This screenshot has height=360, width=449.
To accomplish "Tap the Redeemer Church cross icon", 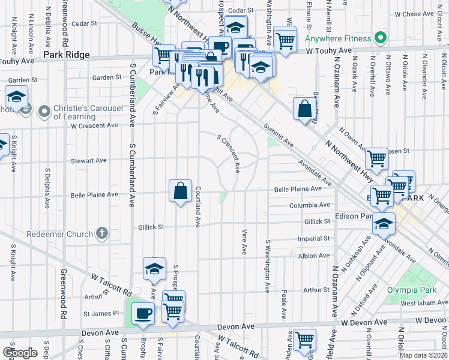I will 102,233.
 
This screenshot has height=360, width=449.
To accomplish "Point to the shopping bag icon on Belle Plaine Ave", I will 180,191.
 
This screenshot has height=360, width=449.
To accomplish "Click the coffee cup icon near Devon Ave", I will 143,314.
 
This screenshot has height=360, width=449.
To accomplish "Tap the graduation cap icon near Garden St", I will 16,98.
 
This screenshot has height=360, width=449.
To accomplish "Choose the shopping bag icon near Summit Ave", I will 305,109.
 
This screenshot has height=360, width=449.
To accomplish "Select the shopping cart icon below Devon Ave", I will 305,340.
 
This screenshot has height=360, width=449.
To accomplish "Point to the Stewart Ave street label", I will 88,161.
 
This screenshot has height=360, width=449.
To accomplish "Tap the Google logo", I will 19,352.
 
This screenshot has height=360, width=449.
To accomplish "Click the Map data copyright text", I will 423,355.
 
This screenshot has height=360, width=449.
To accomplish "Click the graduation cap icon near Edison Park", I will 384,224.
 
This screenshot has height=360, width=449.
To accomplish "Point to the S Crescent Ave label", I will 229,152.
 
